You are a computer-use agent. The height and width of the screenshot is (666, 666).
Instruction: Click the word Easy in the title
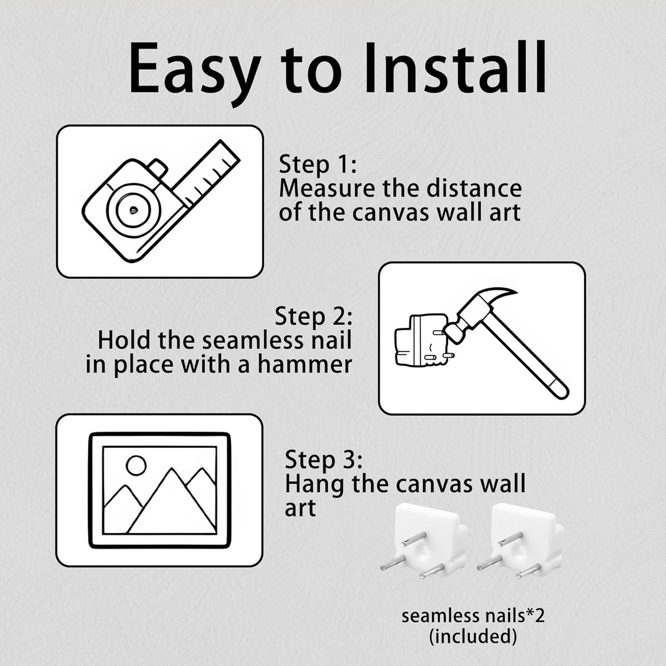(x=195, y=71)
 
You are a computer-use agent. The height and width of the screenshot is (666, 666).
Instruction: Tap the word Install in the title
(x=456, y=67)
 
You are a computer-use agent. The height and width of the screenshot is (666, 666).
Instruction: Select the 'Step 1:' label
(x=317, y=165)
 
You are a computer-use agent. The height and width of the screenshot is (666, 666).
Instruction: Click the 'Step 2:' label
(x=313, y=317)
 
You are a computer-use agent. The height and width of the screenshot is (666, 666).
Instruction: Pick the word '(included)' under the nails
(x=473, y=637)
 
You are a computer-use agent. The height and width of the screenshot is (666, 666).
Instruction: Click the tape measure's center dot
(x=133, y=209)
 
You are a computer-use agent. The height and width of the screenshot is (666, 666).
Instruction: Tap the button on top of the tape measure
(x=159, y=168)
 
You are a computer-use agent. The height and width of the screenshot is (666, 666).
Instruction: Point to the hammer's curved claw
(x=490, y=300)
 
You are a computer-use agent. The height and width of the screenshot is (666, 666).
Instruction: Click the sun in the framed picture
(x=136, y=466)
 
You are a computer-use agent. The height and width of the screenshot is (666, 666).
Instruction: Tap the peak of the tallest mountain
(x=171, y=469)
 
